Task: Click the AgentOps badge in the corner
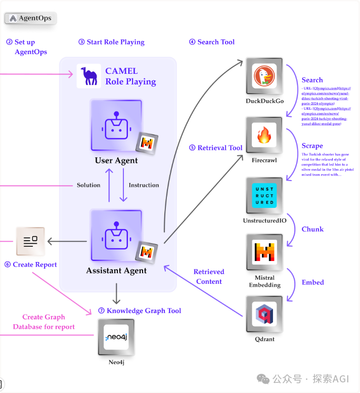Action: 31,18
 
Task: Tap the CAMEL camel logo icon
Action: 88,76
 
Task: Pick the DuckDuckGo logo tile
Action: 264,76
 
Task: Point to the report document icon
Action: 30,241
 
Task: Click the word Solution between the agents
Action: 88,185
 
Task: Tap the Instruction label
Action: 144,185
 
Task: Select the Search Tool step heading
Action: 212,42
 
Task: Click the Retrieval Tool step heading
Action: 216,148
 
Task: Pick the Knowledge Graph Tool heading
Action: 140,311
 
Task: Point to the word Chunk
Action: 312,229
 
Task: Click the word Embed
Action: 312,282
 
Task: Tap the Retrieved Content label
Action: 209,277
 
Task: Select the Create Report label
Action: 31,265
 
